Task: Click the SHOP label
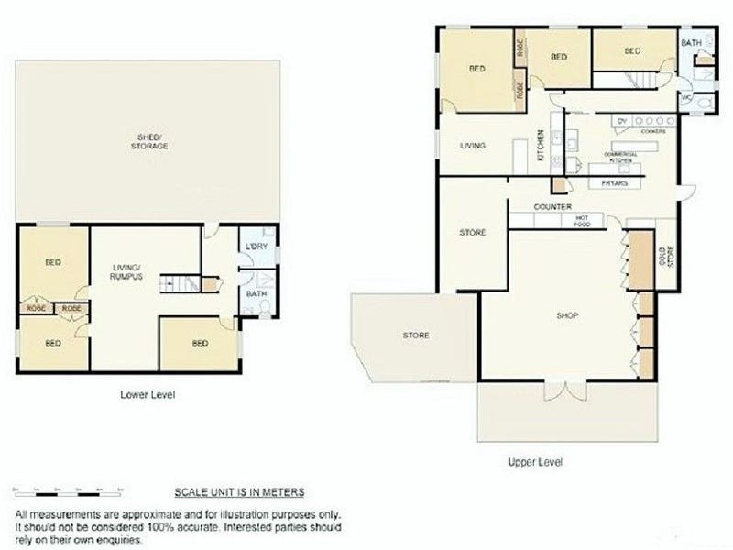tap(568, 316)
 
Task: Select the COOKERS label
tap(652, 131)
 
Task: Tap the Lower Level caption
tap(148, 395)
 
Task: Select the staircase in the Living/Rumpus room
tap(181, 282)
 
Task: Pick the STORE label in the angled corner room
tap(416, 335)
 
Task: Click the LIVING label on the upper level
tap(472, 146)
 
